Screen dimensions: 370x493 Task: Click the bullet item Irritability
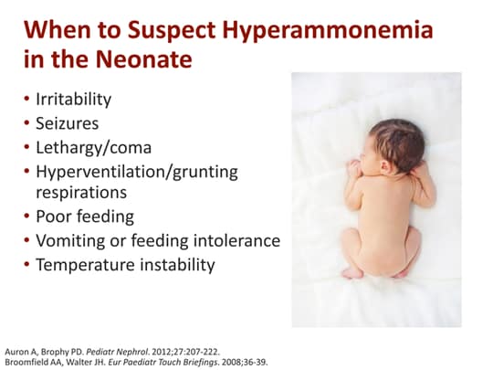tap(75, 99)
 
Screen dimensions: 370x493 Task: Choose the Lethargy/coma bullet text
tap(94, 146)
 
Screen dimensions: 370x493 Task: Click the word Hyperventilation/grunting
tap(136, 170)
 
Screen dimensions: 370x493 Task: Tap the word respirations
tap(81, 193)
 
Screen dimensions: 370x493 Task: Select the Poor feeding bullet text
tap(85, 217)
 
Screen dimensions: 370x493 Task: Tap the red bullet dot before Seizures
tap(26, 122)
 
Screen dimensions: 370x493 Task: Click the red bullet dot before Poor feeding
tap(26, 217)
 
